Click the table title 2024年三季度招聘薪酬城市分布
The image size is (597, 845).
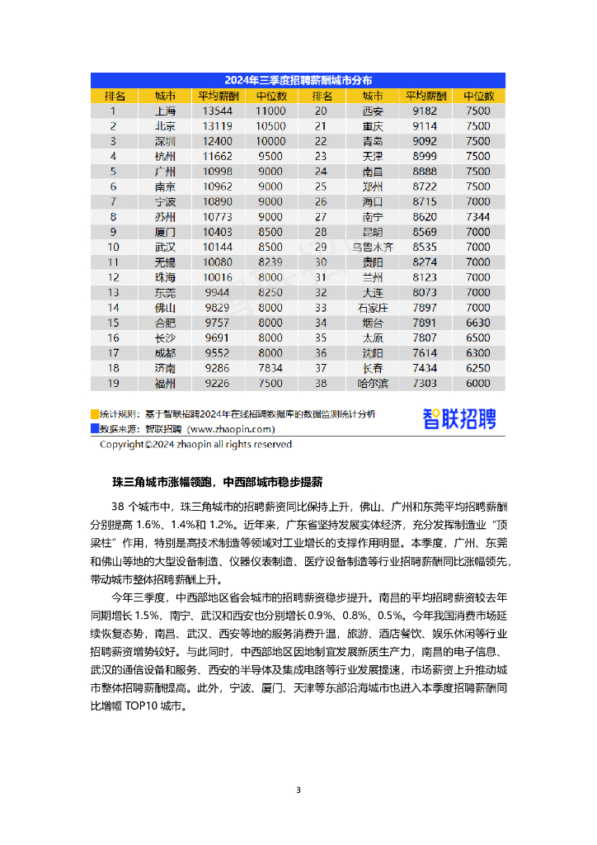coord(298,81)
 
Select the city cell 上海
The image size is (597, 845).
coord(165,111)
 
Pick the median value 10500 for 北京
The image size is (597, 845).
coord(270,126)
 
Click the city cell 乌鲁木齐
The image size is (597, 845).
coord(373,247)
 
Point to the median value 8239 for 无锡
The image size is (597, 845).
coord(270,262)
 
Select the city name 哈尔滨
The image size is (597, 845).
coord(373,383)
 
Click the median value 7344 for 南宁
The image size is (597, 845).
coord(477,217)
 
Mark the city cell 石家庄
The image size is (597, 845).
coord(373,307)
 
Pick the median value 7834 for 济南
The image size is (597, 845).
coord(270,368)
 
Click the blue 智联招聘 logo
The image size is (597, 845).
coord(459,419)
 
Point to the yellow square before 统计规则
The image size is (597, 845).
coord(95,414)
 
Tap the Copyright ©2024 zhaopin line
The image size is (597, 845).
coord(195,444)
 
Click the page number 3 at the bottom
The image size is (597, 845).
coord(298,791)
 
